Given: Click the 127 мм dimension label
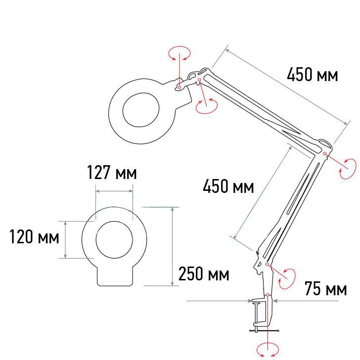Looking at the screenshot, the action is tap(112, 172).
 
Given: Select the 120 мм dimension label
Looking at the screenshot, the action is tap(34, 236).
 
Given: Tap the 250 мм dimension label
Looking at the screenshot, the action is tap(204, 273).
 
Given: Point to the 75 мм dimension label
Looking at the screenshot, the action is tap(325, 288).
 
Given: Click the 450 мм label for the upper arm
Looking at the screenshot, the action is tap(313, 75).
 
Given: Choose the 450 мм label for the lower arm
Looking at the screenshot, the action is tap(228, 186).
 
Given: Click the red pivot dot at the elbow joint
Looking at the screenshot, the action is tap(324, 153).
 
